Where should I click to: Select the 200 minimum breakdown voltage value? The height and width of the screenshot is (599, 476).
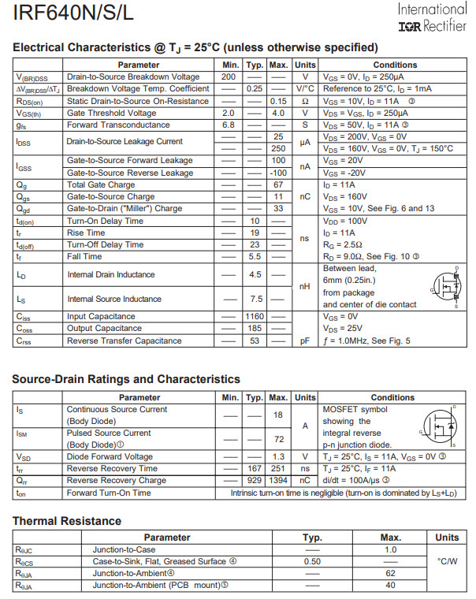pyautogui.click(x=229, y=77)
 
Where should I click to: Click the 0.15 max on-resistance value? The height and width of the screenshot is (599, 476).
pyautogui.click(x=278, y=101)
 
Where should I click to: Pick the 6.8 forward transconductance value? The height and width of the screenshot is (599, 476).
pyautogui.click(x=229, y=125)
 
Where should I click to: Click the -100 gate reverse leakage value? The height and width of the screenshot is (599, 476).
pyautogui.click(x=278, y=173)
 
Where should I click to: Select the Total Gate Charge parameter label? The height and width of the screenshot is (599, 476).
pyautogui.click(x=100, y=184)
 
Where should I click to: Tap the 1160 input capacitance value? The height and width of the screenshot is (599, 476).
pyautogui.click(x=254, y=317)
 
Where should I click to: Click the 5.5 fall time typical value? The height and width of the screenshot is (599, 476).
pyautogui.click(x=254, y=257)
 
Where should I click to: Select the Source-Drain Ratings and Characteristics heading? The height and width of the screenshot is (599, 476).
pyautogui.click(x=126, y=380)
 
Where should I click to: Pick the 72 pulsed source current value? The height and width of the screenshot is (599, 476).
pyautogui.click(x=278, y=439)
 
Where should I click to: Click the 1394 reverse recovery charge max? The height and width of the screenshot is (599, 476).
pyautogui.click(x=278, y=480)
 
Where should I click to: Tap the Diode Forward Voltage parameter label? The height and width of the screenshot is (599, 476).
pyautogui.click(x=110, y=456)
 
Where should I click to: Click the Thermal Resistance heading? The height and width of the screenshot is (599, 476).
pyautogui.click(x=67, y=521)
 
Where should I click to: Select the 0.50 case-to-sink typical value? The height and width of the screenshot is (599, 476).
pyautogui.click(x=312, y=561)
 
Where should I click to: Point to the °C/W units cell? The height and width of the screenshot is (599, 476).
pyautogui.click(x=447, y=561)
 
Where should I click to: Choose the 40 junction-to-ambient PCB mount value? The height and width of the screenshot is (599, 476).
pyautogui.click(x=389, y=585)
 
